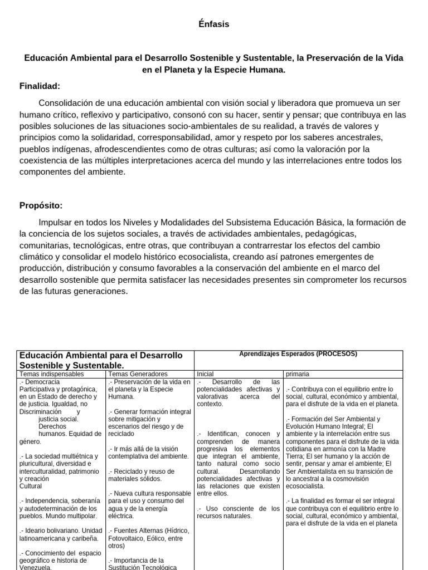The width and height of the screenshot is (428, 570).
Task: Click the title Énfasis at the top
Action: pos(213,24)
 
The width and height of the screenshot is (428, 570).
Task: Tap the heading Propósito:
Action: pos(41,205)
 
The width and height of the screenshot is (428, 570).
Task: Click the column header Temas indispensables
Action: pos(51,374)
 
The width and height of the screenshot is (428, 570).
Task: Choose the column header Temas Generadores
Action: pos(138,374)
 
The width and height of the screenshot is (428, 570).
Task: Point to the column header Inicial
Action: pos(205,374)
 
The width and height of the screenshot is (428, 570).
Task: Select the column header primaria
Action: pos(298,374)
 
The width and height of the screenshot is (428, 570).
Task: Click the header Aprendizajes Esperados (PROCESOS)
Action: pos(298,354)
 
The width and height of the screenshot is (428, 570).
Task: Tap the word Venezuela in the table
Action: pos(35,568)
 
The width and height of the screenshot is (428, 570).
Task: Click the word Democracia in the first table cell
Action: pos(42,382)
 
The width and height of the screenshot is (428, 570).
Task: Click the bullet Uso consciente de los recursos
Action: pos(238,512)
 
